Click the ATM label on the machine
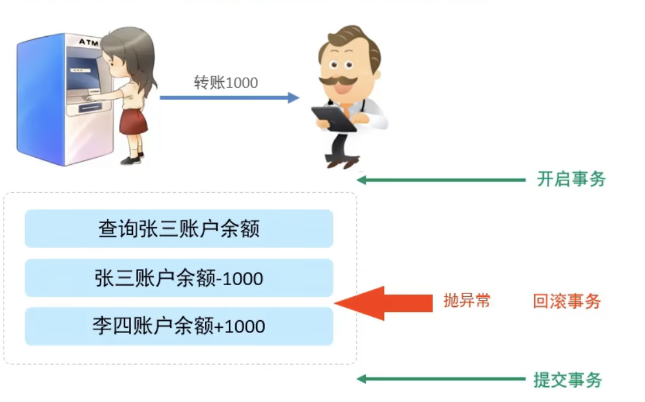click(x=89, y=42)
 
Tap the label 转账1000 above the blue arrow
click(x=226, y=82)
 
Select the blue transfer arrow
click(x=229, y=98)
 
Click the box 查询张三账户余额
click(x=179, y=228)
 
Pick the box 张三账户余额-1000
click(x=179, y=278)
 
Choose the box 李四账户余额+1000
click(x=179, y=326)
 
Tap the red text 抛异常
click(x=466, y=301)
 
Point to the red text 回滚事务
click(x=567, y=301)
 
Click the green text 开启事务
click(x=571, y=179)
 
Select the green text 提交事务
click(x=567, y=380)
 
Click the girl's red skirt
click(x=133, y=121)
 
